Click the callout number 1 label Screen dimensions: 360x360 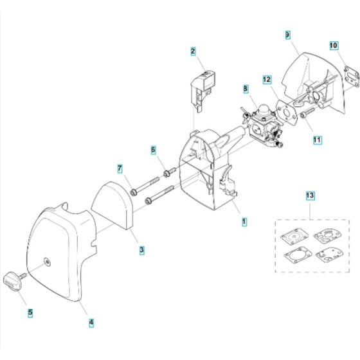point(244,221)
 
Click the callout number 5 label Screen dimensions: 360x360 point(30,314)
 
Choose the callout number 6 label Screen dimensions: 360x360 point(153,150)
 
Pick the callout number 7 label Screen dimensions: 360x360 point(119,169)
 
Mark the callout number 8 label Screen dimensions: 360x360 point(246,88)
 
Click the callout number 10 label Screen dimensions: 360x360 point(334,46)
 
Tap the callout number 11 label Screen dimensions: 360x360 point(318,138)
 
